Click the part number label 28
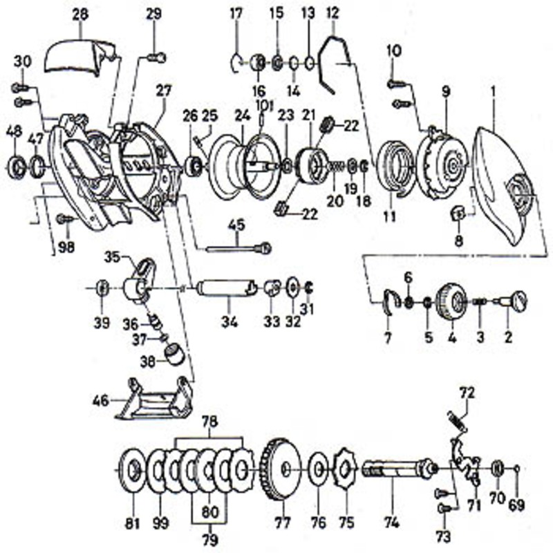[80, 15]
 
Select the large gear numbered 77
[281, 472]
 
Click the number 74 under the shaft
[392, 522]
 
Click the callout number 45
[236, 225]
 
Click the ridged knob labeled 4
[451, 301]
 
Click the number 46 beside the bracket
[100, 401]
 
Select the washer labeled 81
[133, 471]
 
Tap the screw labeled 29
[156, 57]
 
